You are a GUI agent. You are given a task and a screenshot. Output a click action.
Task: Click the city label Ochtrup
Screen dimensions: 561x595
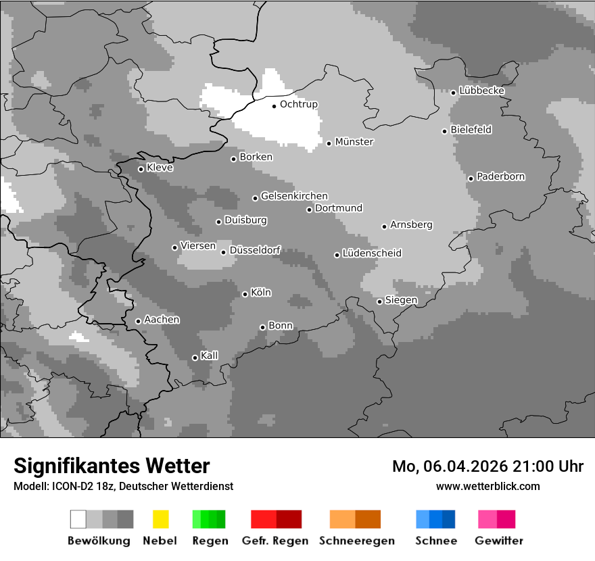(298, 105)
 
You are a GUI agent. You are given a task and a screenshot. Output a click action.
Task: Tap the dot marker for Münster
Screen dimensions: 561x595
(329, 143)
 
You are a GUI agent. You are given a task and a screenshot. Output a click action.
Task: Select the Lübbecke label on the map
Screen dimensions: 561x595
(481, 91)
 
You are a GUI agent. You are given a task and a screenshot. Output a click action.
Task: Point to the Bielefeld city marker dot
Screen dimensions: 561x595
(444, 131)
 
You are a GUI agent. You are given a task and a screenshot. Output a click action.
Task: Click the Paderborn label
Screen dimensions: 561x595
(500, 177)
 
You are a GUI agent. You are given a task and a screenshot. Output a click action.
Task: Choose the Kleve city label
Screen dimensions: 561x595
(160, 168)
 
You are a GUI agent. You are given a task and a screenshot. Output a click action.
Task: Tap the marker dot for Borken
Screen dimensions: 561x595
(233, 159)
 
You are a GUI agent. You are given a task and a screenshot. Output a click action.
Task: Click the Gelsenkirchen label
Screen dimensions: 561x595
(294, 197)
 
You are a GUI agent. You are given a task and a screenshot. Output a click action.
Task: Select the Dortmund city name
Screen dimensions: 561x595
(338, 208)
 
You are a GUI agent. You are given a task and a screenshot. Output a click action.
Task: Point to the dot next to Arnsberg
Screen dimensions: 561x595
(384, 226)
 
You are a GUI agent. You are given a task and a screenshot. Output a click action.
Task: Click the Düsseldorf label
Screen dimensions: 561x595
(254, 251)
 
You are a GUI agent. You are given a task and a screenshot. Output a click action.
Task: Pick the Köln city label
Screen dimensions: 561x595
(260, 293)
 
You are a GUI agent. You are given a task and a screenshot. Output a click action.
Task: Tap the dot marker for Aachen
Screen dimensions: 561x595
(138, 321)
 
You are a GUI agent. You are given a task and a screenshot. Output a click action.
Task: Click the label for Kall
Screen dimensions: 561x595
(209, 356)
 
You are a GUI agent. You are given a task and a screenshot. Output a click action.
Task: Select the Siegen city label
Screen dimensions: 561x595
(401, 300)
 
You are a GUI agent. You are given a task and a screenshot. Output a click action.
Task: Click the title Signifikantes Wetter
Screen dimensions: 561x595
(112, 466)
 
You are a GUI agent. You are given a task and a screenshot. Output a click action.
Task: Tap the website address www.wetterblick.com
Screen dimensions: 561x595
(487, 486)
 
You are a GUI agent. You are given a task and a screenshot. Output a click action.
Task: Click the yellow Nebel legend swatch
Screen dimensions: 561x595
(160, 519)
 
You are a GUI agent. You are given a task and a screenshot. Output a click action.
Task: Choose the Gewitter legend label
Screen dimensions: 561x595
(498, 541)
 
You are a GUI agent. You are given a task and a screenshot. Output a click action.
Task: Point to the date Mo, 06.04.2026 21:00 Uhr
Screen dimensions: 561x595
(487, 466)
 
